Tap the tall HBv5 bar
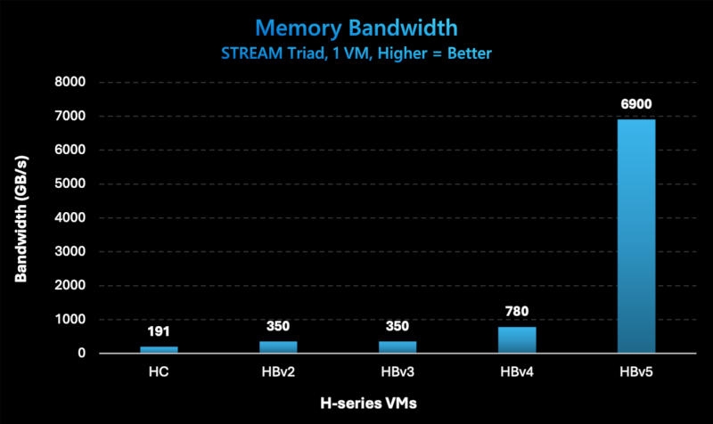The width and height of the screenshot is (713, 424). point(636,236)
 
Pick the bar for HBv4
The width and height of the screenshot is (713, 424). point(517,339)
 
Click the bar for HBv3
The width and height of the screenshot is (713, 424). point(397,347)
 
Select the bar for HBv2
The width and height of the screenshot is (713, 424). point(279,347)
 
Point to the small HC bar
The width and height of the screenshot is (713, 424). point(160,349)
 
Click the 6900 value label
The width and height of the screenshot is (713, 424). point(636,104)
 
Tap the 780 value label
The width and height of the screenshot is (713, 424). point(517,312)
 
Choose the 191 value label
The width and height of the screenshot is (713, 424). point(160,331)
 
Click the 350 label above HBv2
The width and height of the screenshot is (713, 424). point(279,326)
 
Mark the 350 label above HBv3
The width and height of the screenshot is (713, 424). point(397,326)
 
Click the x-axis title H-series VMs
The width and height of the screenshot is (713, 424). point(368,404)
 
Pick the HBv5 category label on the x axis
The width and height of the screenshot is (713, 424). point(636,372)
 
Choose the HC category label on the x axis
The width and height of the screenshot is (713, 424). point(160,372)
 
